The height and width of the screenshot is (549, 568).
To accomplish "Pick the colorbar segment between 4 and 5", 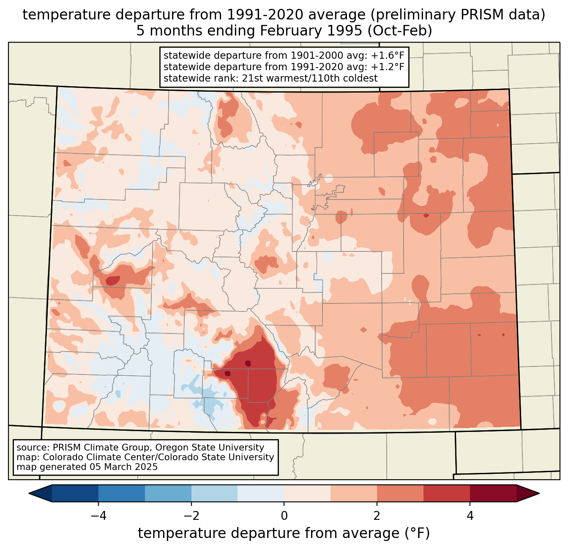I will point(493,493).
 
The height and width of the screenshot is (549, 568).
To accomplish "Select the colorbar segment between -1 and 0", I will point(261,493).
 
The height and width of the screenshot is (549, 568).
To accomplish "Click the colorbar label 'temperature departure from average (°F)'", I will point(284,533).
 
